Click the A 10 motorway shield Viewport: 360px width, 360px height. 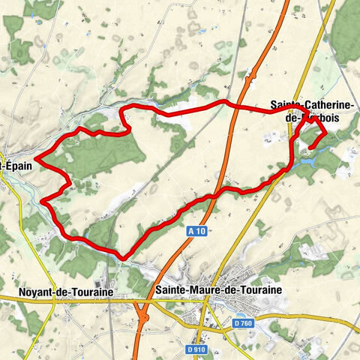pos(196,232)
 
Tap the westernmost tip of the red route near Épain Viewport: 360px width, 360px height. pos(35,157)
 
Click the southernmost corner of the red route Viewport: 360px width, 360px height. pos(121,256)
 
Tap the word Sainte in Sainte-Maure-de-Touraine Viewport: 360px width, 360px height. pos(172,288)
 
